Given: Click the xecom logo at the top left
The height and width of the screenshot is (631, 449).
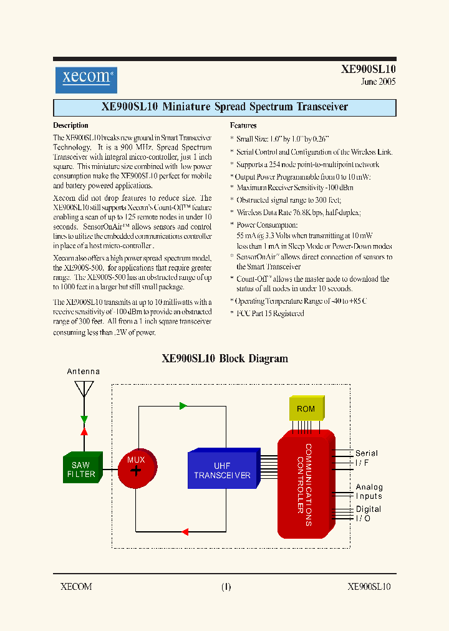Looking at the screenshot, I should click(85, 80).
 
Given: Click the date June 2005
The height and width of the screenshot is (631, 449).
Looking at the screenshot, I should click(378, 82).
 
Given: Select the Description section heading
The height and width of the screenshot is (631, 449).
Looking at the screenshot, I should click(70, 125).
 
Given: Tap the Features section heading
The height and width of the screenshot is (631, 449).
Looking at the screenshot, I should click(243, 125).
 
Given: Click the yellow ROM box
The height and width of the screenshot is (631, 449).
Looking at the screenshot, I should click(306, 409).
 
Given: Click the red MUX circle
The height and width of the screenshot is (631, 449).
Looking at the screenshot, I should click(136, 467).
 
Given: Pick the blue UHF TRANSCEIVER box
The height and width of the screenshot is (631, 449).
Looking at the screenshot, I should click(223, 471).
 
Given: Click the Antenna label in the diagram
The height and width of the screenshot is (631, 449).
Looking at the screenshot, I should click(84, 372).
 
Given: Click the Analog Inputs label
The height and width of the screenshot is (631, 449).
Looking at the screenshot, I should click(369, 492).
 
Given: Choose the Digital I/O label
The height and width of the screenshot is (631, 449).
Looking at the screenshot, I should click(368, 514).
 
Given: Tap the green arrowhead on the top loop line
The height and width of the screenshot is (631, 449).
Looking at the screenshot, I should click(183, 406).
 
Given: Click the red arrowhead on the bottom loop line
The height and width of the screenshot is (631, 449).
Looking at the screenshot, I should click(185, 532).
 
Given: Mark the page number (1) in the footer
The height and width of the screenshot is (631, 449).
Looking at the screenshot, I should click(226, 587).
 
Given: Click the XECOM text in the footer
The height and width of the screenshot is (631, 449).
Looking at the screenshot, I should click(76, 587).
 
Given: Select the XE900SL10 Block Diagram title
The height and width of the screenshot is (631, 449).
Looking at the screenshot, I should click(224, 359).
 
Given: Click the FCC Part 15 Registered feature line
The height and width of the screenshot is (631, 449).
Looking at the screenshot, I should click(269, 314).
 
